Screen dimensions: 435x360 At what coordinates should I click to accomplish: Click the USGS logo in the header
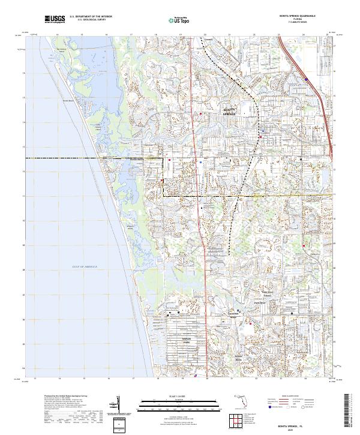pos(55,19)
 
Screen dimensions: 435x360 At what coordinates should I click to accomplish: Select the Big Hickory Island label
pos(60,50)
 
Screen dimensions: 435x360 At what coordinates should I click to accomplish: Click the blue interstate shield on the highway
pos(307,79)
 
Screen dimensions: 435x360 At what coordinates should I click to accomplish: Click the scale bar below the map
pos(172,407)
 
